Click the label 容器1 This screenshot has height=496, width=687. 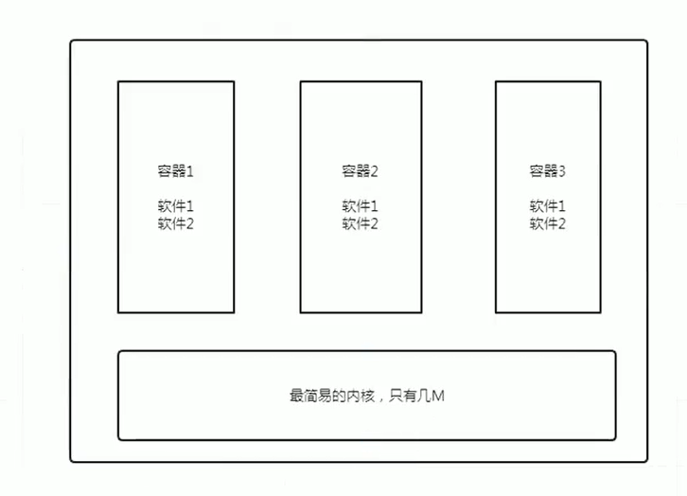(x=175, y=171)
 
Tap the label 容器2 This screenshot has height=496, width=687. (x=360, y=171)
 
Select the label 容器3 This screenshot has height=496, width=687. (x=547, y=171)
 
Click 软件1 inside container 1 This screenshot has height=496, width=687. (x=175, y=205)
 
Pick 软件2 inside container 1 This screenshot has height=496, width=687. (x=175, y=223)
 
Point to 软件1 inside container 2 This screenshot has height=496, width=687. (x=360, y=205)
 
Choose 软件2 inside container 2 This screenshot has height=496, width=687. (x=360, y=223)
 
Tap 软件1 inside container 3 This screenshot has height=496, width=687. (x=547, y=205)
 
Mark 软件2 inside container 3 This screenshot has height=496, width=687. (x=547, y=223)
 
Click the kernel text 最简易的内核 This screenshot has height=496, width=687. (x=332, y=396)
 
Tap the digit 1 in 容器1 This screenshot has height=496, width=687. (x=189, y=171)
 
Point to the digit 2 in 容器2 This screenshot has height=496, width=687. (x=375, y=171)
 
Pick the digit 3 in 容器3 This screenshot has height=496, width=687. (x=562, y=171)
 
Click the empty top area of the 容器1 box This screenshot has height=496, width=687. (x=175, y=118)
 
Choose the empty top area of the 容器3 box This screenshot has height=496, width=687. (x=547, y=118)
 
